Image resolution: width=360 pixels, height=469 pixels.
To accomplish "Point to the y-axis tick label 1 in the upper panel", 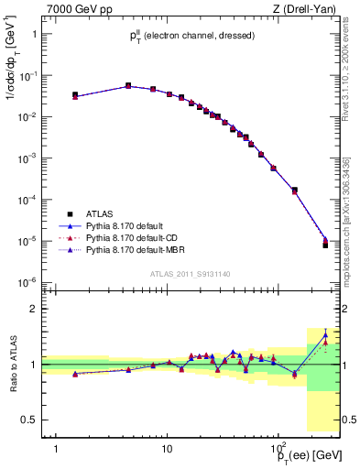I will click(x=33, y=34).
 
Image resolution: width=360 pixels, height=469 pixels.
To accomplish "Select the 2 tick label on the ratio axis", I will click(x=33, y=309).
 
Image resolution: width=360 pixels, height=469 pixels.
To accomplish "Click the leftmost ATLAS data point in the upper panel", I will click(x=75, y=94).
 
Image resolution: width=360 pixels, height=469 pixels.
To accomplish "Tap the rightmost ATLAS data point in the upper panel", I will click(x=325, y=245).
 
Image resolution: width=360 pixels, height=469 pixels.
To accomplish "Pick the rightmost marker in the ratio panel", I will click(x=325, y=336).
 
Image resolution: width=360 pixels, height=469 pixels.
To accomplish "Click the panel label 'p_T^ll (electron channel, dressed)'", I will click(x=191, y=35).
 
